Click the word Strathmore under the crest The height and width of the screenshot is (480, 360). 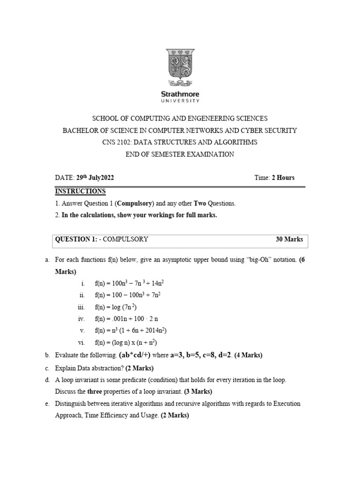(180, 94)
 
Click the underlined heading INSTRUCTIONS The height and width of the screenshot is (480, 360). (80, 191)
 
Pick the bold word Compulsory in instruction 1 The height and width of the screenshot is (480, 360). (136, 203)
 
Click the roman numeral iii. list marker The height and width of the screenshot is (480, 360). (81, 307)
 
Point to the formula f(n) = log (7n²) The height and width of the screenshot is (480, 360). (116, 307)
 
